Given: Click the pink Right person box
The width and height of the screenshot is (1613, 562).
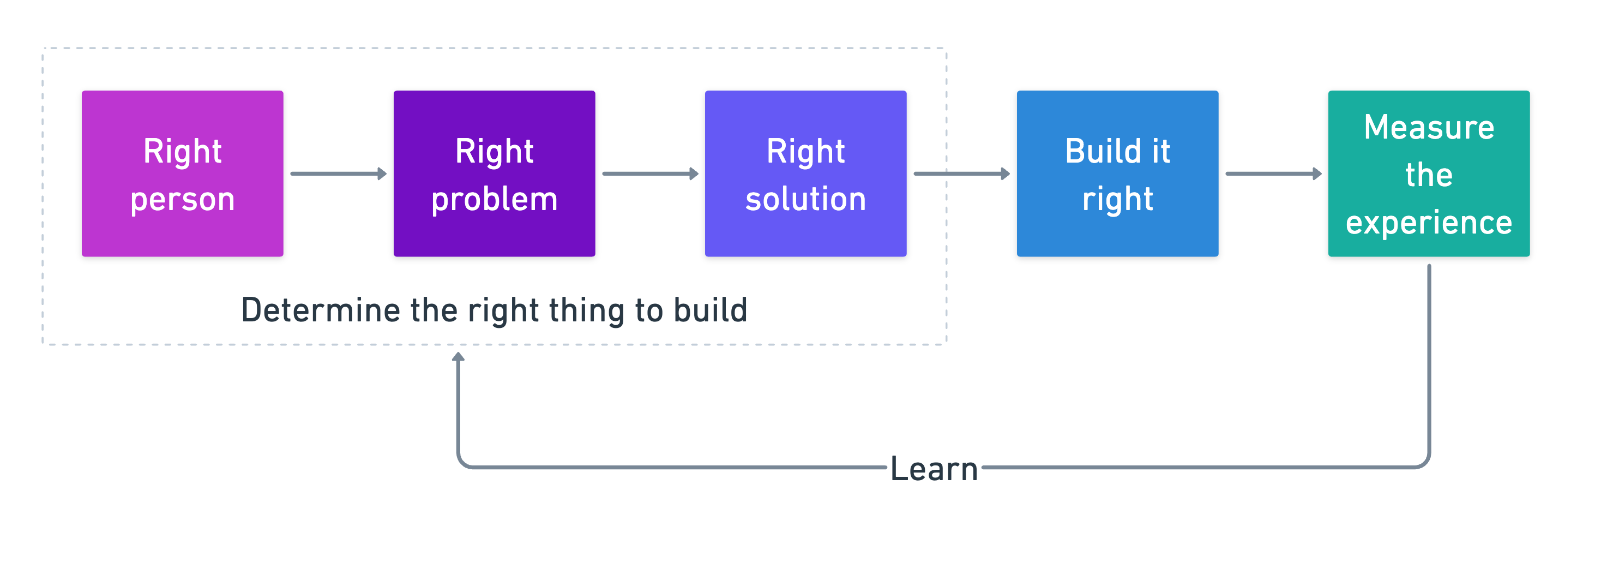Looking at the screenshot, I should pos(182,174).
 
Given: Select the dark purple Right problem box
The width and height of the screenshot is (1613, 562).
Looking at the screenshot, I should pos(494,174).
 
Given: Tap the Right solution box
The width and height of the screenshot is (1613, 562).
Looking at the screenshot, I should pos(805,174).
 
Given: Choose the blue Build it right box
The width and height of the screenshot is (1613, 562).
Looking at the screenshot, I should pos(1117,174).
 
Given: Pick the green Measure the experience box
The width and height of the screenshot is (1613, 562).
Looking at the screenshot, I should pos(1428,174).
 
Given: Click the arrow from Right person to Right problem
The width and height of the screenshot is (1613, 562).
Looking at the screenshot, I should pos(338,174).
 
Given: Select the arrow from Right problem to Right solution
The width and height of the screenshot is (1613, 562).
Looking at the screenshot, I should pos(650,174).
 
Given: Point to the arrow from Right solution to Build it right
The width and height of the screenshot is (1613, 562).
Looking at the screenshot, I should pos(961,174).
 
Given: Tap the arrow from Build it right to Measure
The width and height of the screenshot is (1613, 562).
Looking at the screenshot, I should pos(1273,174).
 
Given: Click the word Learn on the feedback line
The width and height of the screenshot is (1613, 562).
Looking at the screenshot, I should pos(934,469).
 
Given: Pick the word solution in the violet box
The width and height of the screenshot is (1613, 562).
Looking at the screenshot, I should pos(805,199).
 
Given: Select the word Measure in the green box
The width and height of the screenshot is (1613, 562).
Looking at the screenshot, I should pos(1428,127).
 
